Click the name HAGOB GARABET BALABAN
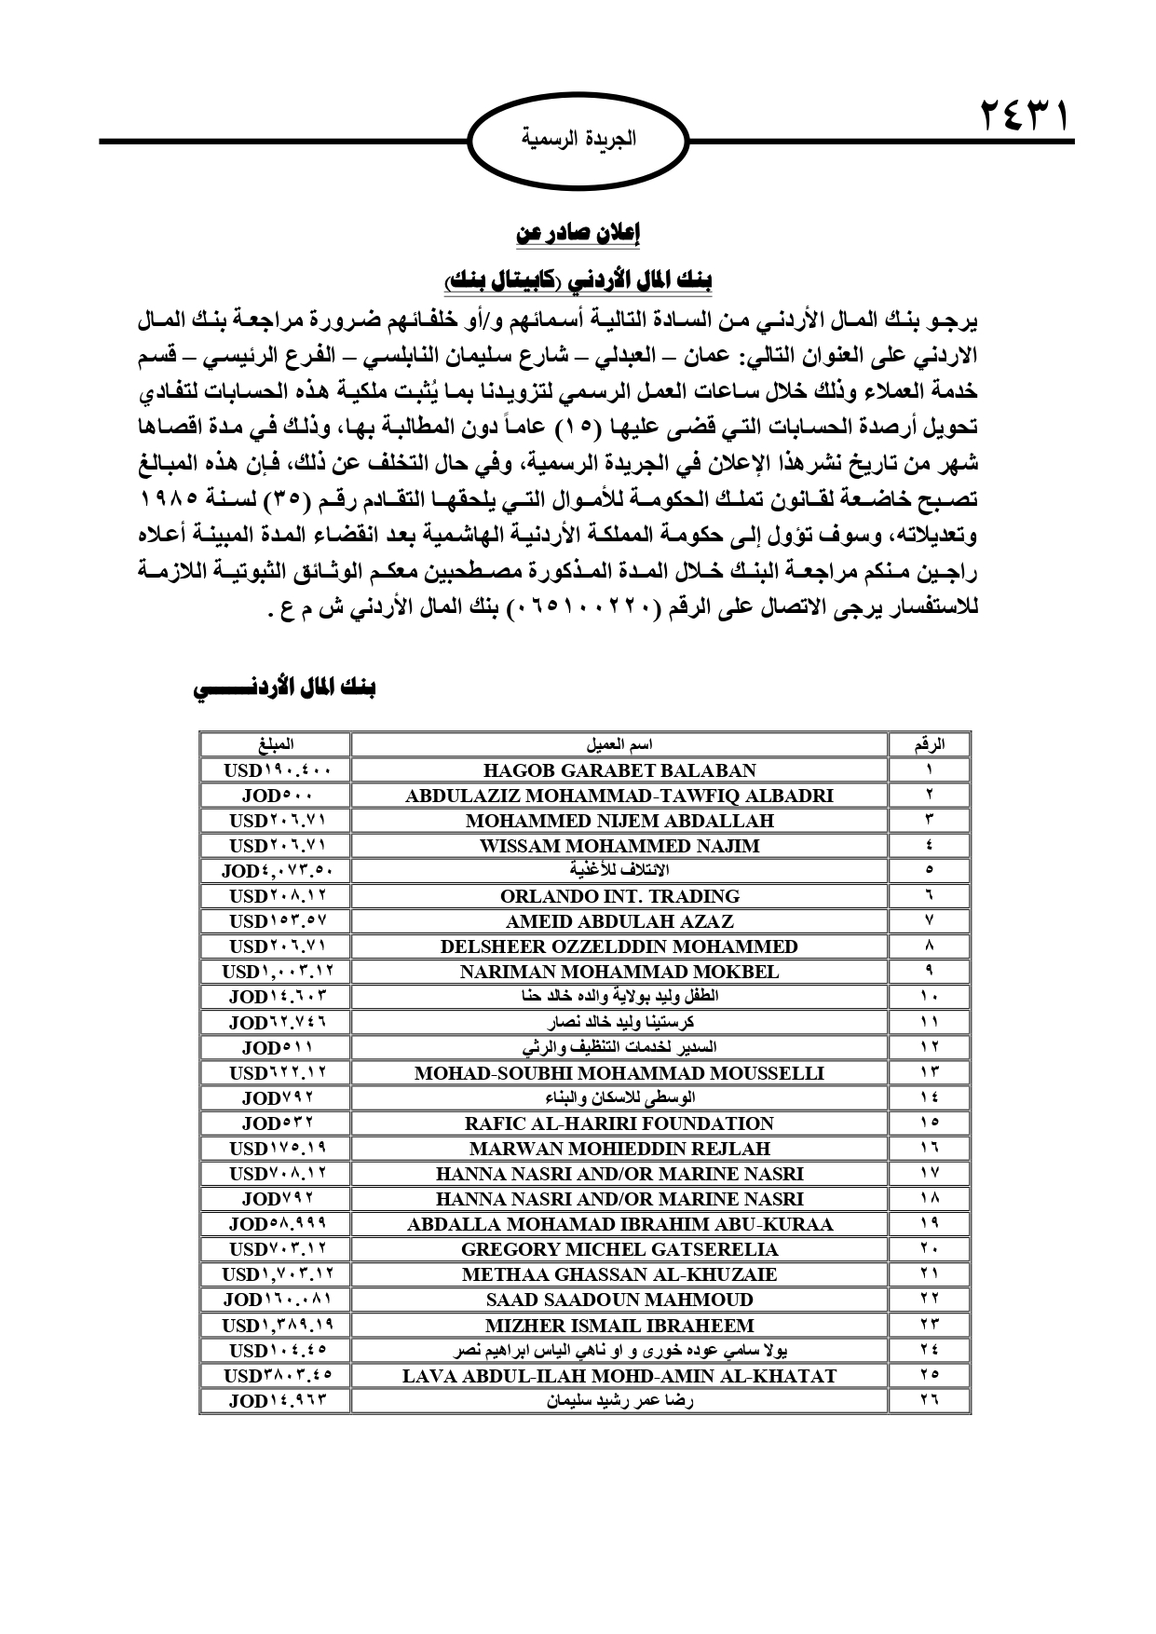click(x=619, y=770)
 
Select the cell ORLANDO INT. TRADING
click(x=619, y=896)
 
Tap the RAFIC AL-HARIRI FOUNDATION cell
click(x=619, y=1123)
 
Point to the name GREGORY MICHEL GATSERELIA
click(x=619, y=1249)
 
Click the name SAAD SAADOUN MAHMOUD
click(x=619, y=1300)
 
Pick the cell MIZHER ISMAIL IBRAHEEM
click(x=619, y=1325)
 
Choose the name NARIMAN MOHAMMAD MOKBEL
click(x=619, y=972)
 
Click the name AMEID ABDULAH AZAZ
click(x=619, y=921)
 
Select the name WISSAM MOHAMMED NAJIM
click(x=619, y=846)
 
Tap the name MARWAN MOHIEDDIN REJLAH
click(x=619, y=1149)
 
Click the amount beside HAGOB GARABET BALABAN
click(x=275, y=770)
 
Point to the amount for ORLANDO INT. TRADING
click(x=277, y=896)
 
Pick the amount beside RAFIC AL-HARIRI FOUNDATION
click(x=277, y=1123)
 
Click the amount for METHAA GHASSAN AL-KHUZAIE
click(x=277, y=1274)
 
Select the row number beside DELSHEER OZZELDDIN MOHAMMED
click(x=930, y=946)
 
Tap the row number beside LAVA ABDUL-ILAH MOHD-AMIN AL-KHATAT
click(x=930, y=1375)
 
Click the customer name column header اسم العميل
click(x=619, y=745)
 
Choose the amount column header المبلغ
click(x=277, y=745)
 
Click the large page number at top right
click(x=1023, y=119)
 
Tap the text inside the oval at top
click(x=578, y=141)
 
